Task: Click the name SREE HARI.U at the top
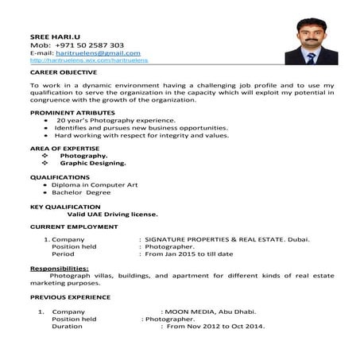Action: [x=52, y=37]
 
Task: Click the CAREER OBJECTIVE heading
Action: [x=61, y=72]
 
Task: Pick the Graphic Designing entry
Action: [x=99, y=163]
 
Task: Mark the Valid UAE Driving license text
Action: [x=112, y=214]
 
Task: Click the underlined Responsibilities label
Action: [x=60, y=269]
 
